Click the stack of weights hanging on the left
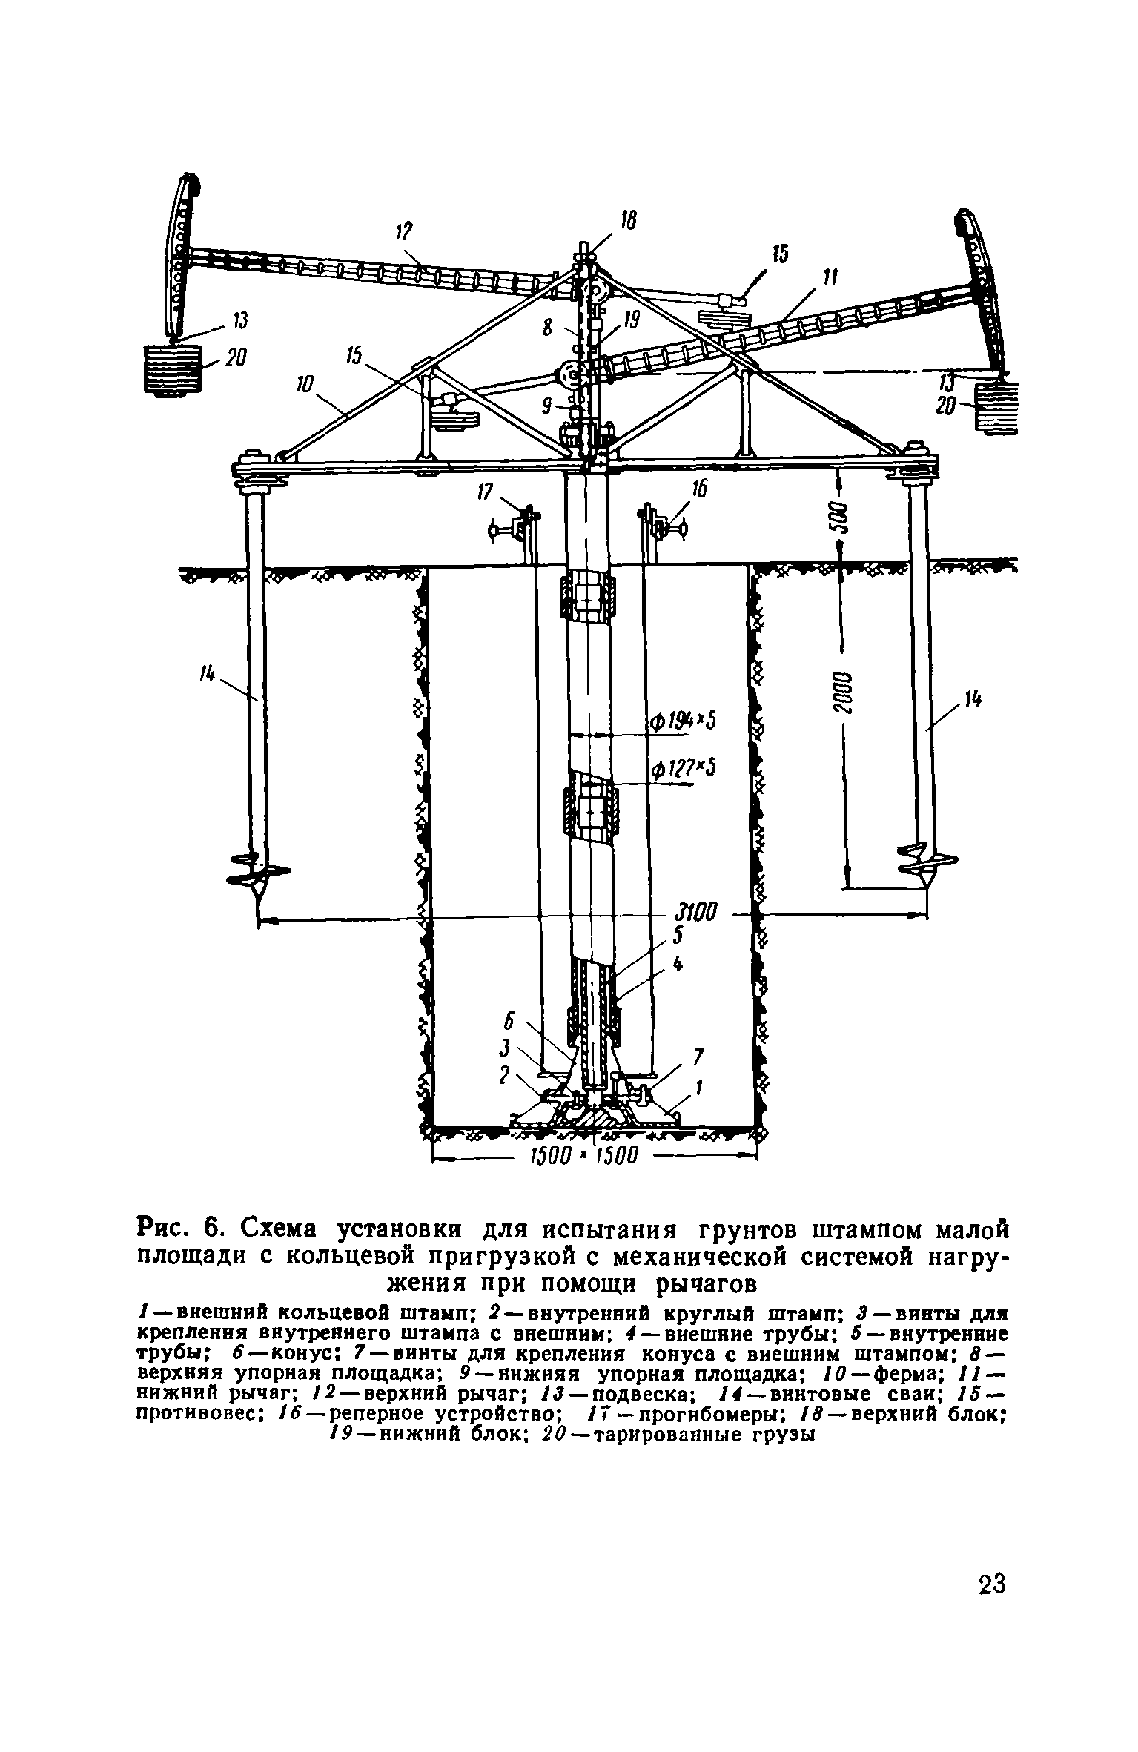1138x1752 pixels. [172, 368]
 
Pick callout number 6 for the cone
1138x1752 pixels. [509, 1022]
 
